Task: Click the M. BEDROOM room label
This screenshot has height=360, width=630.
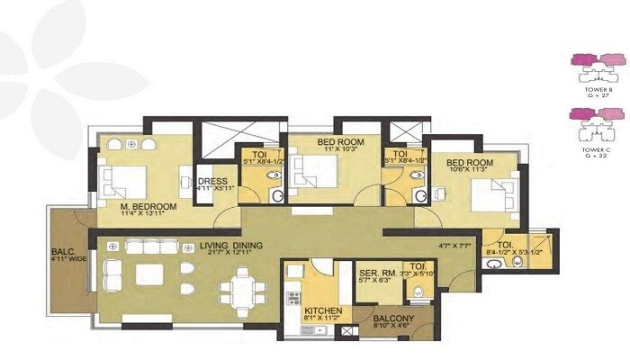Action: tap(148, 206)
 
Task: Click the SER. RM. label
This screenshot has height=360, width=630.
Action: tap(373, 273)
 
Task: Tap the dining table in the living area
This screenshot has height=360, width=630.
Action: tap(240, 288)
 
